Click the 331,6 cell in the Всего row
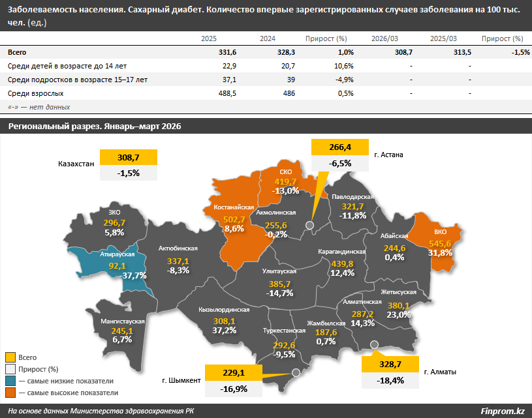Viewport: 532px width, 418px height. (227, 52)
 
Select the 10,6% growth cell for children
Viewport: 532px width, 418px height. (344, 66)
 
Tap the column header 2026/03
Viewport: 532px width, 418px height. (384, 38)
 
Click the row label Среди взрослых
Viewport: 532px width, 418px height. (36, 93)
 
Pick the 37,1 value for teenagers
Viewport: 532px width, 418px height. (229, 80)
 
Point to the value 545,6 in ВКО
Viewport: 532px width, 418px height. (440, 243)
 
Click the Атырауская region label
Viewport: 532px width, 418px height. (117, 254)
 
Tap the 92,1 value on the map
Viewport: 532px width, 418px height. (117, 266)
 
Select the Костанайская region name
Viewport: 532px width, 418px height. (234, 207)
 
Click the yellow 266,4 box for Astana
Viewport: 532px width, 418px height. (340, 147)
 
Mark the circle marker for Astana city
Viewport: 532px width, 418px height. (309, 225)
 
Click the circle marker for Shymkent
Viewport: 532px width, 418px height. (296, 372)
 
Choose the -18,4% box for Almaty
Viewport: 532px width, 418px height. (390, 380)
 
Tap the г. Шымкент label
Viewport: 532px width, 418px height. (181, 380)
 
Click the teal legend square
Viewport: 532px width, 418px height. (10, 381)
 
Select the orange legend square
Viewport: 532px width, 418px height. (10, 393)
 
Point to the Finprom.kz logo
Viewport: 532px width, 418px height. (503, 411)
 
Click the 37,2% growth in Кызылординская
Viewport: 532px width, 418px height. (225, 330)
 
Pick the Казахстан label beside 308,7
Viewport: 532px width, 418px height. (76, 164)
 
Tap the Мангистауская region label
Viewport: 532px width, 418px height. (123, 321)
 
